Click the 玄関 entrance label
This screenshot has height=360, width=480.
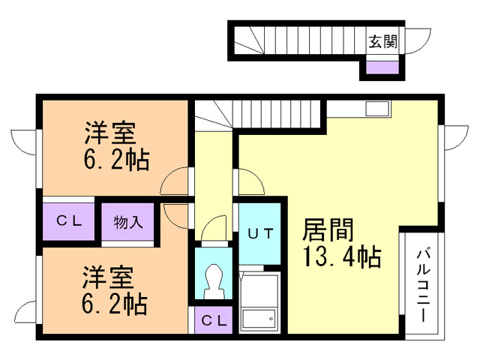(x=382, y=42)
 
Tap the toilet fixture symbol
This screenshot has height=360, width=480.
(x=214, y=280)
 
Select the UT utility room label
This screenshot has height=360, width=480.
(x=260, y=234)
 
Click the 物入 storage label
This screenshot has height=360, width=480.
(x=128, y=222)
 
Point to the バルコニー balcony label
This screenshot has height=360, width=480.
(x=423, y=286)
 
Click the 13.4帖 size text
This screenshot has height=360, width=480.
(x=342, y=256)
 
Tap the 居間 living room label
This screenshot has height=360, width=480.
(x=328, y=230)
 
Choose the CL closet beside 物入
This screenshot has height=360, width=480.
(x=69, y=220)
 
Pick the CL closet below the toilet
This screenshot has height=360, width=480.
(x=214, y=320)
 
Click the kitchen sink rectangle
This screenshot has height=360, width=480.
(x=377, y=109)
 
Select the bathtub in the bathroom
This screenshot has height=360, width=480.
(x=259, y=318)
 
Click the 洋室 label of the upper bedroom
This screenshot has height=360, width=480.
(x=110, y=133)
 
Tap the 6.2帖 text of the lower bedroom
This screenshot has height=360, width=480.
(x=115, y=304)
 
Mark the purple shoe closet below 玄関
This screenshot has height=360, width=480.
(x=382, y=67)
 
